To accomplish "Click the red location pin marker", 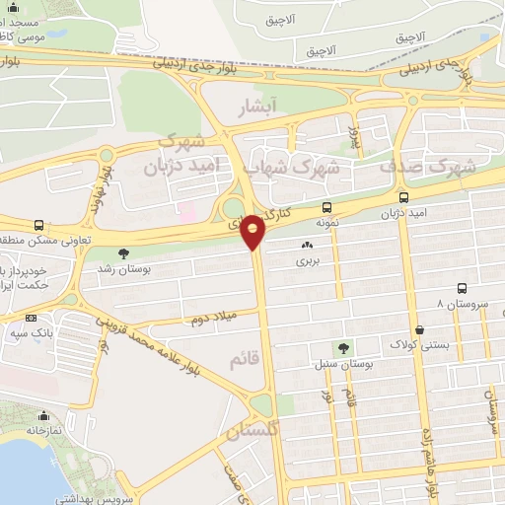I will pos(253,232).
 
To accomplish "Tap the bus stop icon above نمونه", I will pos(326,207).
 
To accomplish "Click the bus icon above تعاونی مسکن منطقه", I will pos(38,225).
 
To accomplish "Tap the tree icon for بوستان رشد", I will pos(122,254).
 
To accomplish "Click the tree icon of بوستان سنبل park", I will pos(342,348).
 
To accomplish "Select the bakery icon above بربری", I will pos(307,246).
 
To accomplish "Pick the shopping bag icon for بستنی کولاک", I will pos(422,329).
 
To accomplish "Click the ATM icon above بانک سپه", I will pos(32,318).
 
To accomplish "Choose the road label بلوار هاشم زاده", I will pos(431,454).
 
